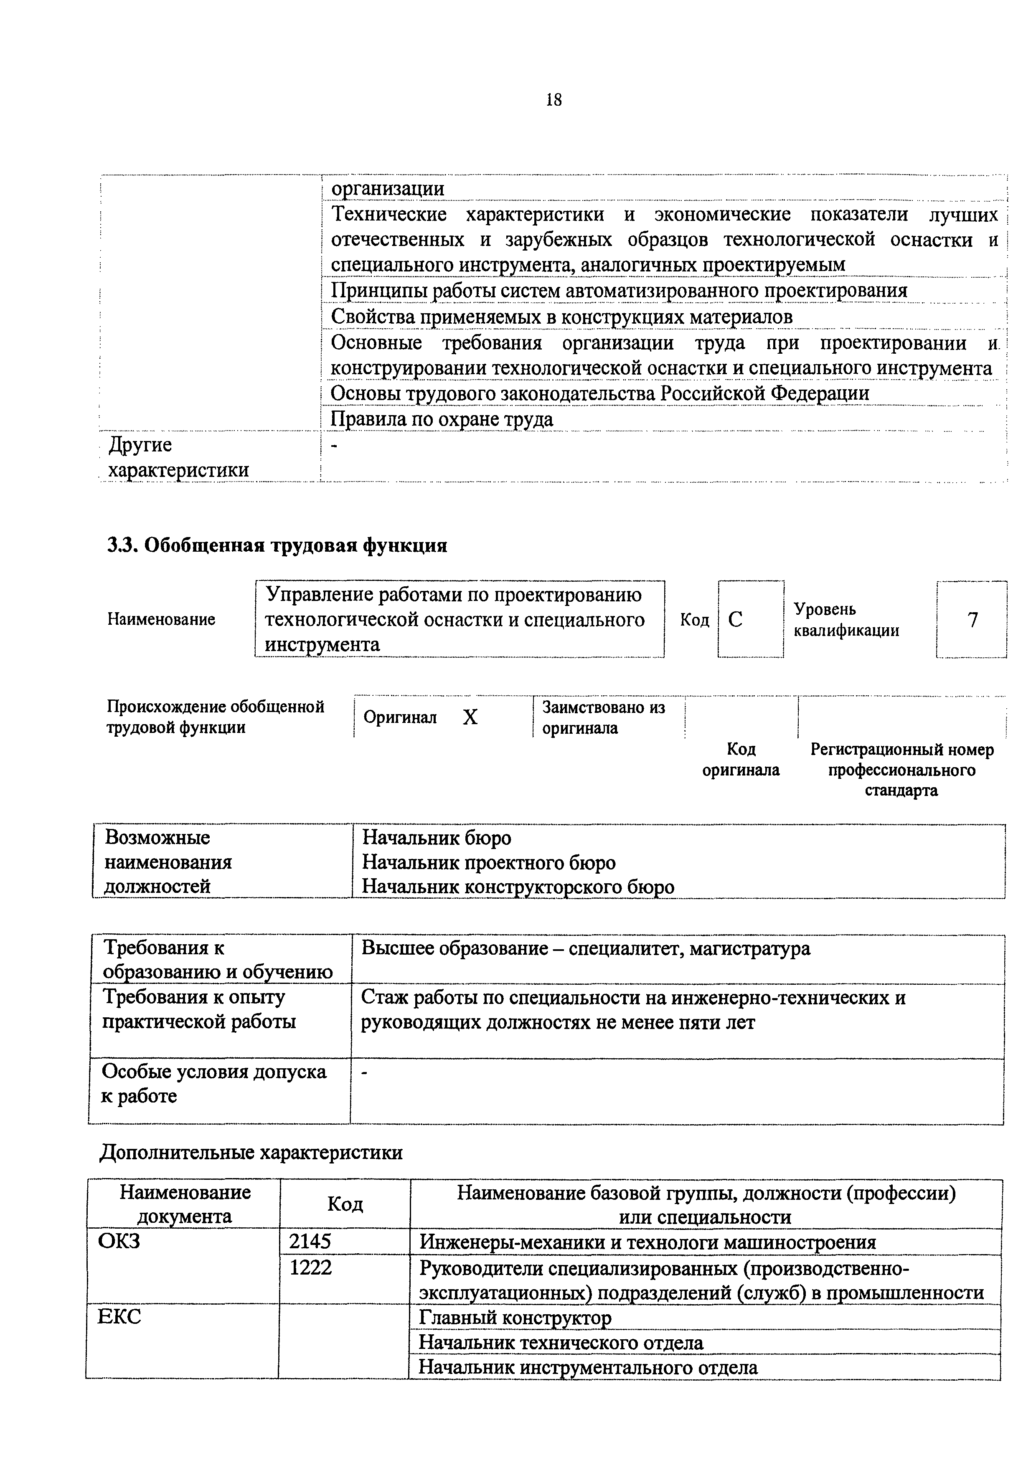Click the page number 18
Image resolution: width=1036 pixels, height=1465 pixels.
[554, 99]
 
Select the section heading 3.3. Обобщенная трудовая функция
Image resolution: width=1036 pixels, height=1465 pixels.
[277, 545]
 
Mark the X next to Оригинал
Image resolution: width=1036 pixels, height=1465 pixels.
[470, 718]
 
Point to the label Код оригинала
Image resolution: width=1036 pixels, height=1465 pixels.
[741, 759]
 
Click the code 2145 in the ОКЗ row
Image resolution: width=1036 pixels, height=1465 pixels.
[310, 1241]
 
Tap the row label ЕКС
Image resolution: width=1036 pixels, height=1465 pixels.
[119, 1316]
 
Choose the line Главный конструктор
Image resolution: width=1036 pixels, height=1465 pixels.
[515, 1317]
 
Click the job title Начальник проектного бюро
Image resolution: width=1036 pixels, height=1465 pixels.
[489, 863]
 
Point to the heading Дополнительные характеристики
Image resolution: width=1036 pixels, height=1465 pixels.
[251, 1152]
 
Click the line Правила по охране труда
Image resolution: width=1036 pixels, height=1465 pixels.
[442, 419]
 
